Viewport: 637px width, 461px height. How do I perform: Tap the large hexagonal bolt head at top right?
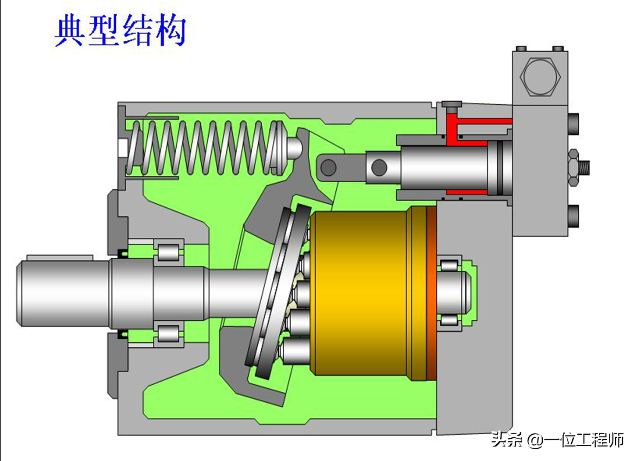[x=540, y=77]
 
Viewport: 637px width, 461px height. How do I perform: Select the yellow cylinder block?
[x=359, y=294]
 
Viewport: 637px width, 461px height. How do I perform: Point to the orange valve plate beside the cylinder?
[x=432, y=294]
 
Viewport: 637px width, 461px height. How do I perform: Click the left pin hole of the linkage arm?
[x=328, y=167]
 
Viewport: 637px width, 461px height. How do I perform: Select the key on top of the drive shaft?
[x=60, y=257]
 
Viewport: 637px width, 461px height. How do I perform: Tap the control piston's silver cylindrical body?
[x=443, y=168]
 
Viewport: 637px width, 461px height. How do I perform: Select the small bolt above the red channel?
[x=452, y=105]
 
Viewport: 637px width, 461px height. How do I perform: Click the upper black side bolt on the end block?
[x=573, y=124]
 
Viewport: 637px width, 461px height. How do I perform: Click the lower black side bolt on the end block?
[x=573, y=216]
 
